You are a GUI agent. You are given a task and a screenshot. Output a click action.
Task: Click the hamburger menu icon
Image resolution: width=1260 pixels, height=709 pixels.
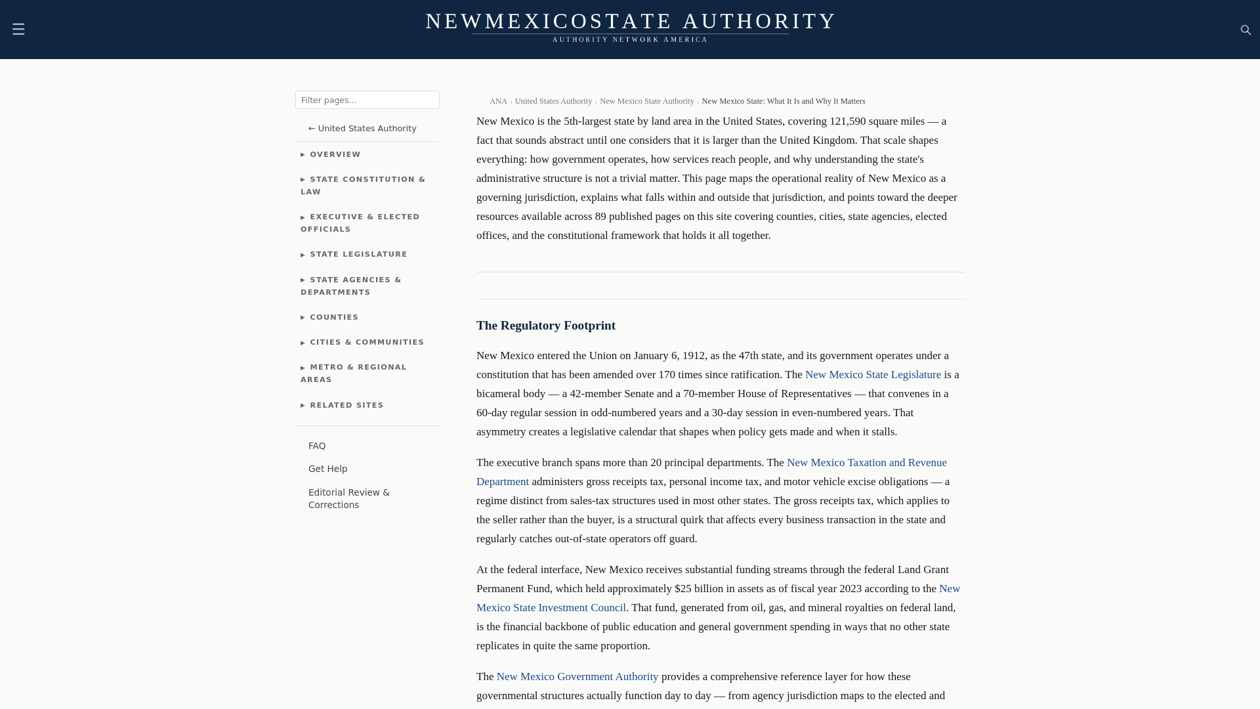point(18,30)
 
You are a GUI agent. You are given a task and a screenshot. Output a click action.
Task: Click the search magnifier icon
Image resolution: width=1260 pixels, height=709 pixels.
point(1246,30)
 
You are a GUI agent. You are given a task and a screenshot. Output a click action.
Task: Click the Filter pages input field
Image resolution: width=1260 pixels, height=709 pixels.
point(367,100)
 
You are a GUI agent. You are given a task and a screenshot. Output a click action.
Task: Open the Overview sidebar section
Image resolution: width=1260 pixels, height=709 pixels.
point(335,154)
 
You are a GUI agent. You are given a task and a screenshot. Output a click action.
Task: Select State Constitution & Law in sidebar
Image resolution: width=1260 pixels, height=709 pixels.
point(363,185)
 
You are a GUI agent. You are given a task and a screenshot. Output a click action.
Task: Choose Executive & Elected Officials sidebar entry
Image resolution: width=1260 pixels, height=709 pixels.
point(360,223)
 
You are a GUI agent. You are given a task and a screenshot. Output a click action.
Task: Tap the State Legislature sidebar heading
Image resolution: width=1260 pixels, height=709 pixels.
point(358,254)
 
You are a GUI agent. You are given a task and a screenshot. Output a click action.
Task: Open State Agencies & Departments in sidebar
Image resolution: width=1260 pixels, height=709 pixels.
point(351,286)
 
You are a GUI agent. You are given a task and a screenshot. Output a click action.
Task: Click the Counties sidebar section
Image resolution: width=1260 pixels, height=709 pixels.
point(333,317)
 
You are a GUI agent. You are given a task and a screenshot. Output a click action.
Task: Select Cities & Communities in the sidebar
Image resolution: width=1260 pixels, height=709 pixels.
point(366,342)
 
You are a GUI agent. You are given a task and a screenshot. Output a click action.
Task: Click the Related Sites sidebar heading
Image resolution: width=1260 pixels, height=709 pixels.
point(346,405)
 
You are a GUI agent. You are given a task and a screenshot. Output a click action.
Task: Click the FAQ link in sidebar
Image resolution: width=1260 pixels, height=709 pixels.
point(317,446)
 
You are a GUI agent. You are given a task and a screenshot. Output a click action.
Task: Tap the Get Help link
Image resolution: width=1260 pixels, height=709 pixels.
point(327,469)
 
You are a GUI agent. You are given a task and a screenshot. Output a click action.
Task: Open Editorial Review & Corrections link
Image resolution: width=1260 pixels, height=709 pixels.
point(348,498)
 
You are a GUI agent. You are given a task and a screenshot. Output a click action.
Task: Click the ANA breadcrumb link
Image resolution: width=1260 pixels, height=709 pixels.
point(498,101)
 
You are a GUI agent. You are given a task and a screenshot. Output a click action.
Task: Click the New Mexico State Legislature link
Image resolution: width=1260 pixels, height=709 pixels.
point(873,375)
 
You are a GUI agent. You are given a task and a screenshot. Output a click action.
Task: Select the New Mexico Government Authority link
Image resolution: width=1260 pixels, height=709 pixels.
point(577,677)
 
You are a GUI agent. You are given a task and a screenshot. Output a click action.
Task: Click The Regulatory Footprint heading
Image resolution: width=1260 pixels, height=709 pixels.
point(545,326)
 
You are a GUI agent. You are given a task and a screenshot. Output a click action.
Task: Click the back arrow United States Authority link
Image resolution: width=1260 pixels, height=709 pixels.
point(362,129)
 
